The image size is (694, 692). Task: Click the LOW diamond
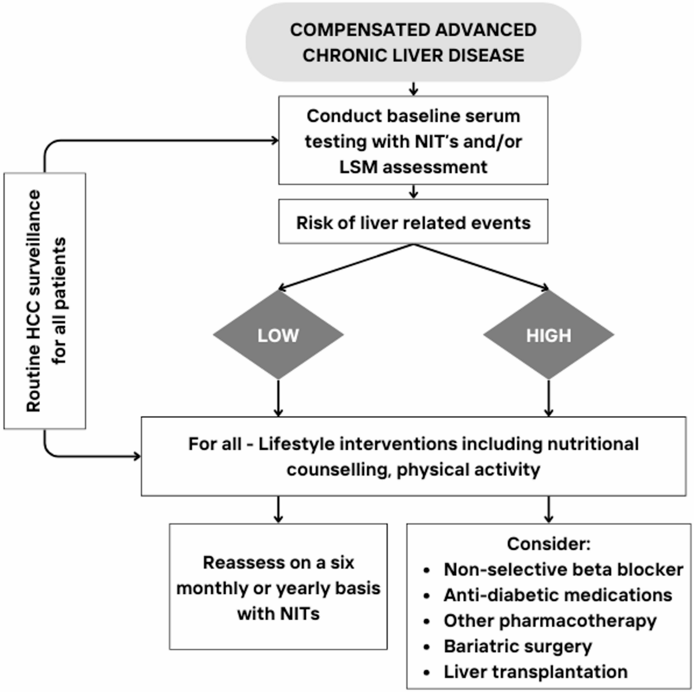278,335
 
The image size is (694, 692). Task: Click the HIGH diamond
548,335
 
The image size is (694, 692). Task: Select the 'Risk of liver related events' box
413,221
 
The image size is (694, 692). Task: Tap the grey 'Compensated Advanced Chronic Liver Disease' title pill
413,42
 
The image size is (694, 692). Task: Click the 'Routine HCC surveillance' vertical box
45,301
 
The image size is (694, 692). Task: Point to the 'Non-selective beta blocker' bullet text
563,569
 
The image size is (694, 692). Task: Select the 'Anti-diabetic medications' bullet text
558,595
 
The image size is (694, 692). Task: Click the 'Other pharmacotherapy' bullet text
550,621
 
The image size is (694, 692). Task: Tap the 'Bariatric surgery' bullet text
518,647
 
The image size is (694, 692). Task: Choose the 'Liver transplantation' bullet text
536,672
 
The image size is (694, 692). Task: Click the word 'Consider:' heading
548,543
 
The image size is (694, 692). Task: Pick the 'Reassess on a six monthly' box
278,587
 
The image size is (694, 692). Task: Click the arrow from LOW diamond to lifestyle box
278,398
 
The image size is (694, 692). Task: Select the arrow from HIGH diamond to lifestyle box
548,398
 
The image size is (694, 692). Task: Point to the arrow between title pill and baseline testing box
414,88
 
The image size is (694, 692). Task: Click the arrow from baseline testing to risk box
414,191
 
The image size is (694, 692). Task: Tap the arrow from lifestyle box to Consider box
548,509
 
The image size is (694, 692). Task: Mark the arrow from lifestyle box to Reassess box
278,509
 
